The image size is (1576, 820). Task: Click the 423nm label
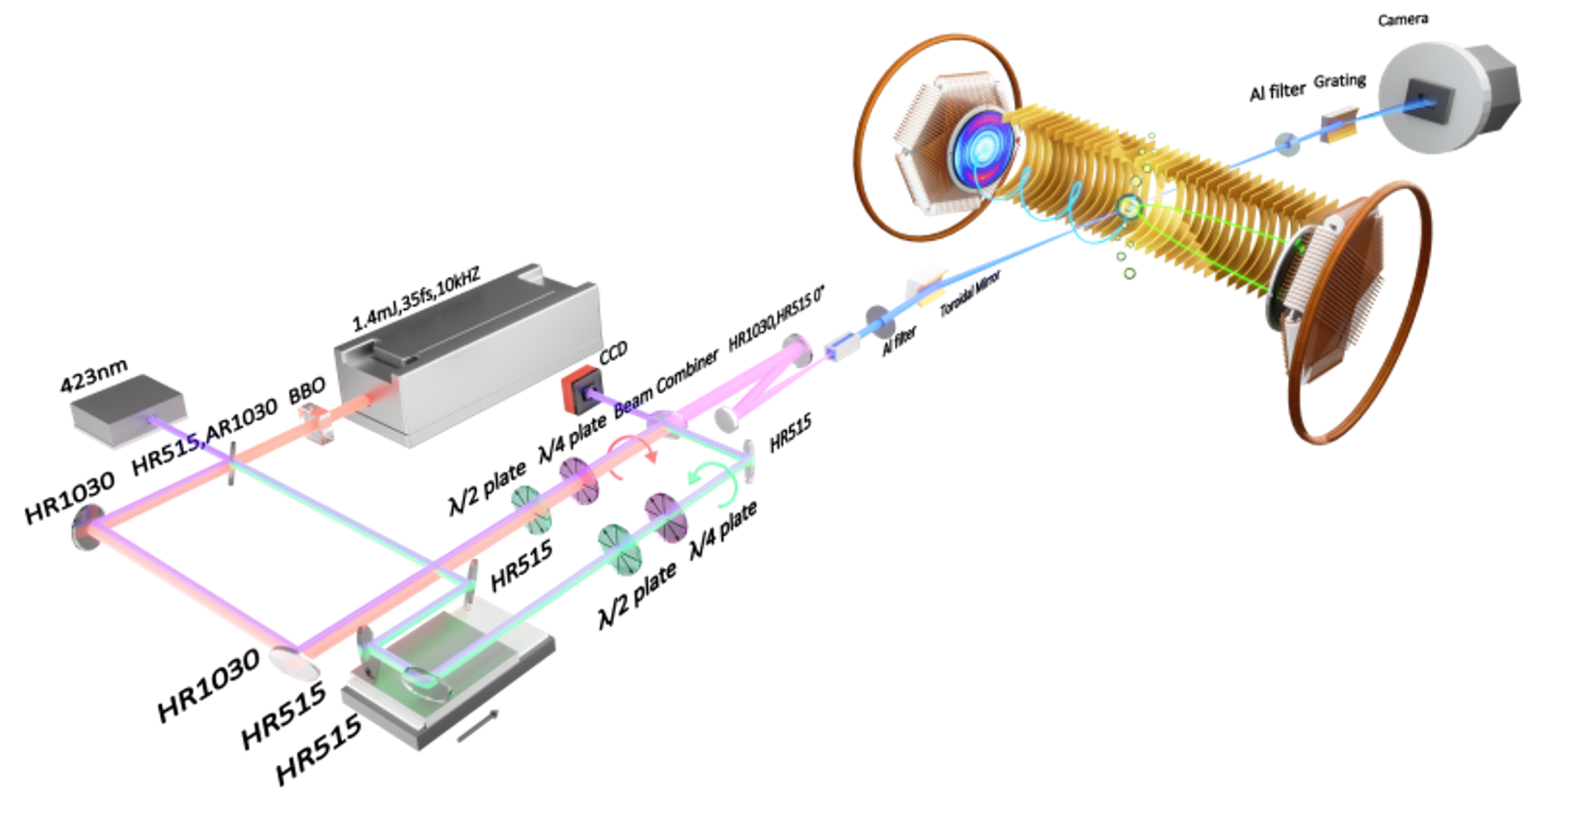tap(94, 376)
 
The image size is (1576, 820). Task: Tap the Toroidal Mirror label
tap(969, 293)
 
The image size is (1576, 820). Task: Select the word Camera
tap(1403, 20)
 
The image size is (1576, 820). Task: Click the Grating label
tap(1339, 81)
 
